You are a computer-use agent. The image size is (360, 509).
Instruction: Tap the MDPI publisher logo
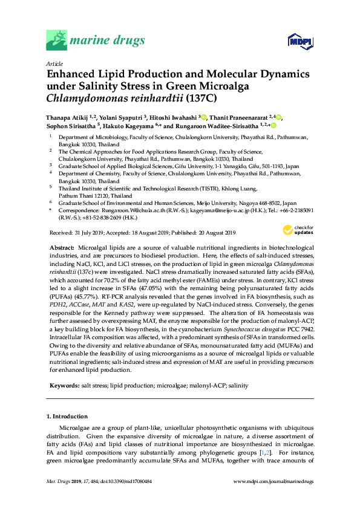pos(295,41)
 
